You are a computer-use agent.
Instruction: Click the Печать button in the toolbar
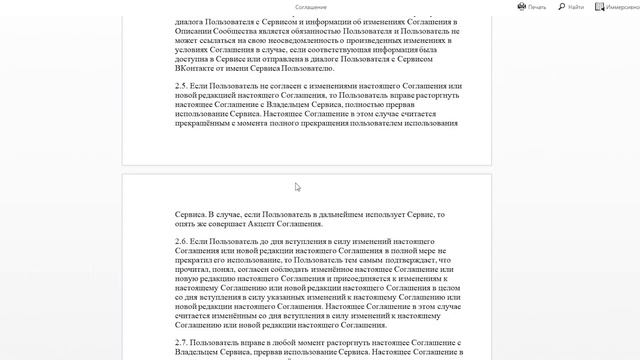(x=532, y=6)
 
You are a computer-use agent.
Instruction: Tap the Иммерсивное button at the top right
(x=616, y=6)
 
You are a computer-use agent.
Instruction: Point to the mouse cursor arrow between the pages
(x=297, y=186)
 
